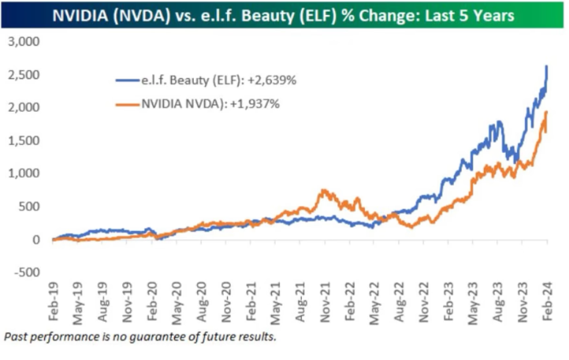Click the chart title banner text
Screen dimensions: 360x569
[284, 15]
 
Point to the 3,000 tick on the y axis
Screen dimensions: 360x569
[26, 41]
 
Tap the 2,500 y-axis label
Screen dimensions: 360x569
[26, 74]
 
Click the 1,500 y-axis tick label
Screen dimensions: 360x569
[26, 140]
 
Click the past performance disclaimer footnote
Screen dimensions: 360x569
[140, 337]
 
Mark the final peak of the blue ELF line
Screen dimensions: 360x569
[547, 66]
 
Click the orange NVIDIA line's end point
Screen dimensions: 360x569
[547, 112]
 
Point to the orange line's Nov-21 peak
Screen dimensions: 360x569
[323, 191]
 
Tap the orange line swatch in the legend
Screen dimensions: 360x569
[127, 104]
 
